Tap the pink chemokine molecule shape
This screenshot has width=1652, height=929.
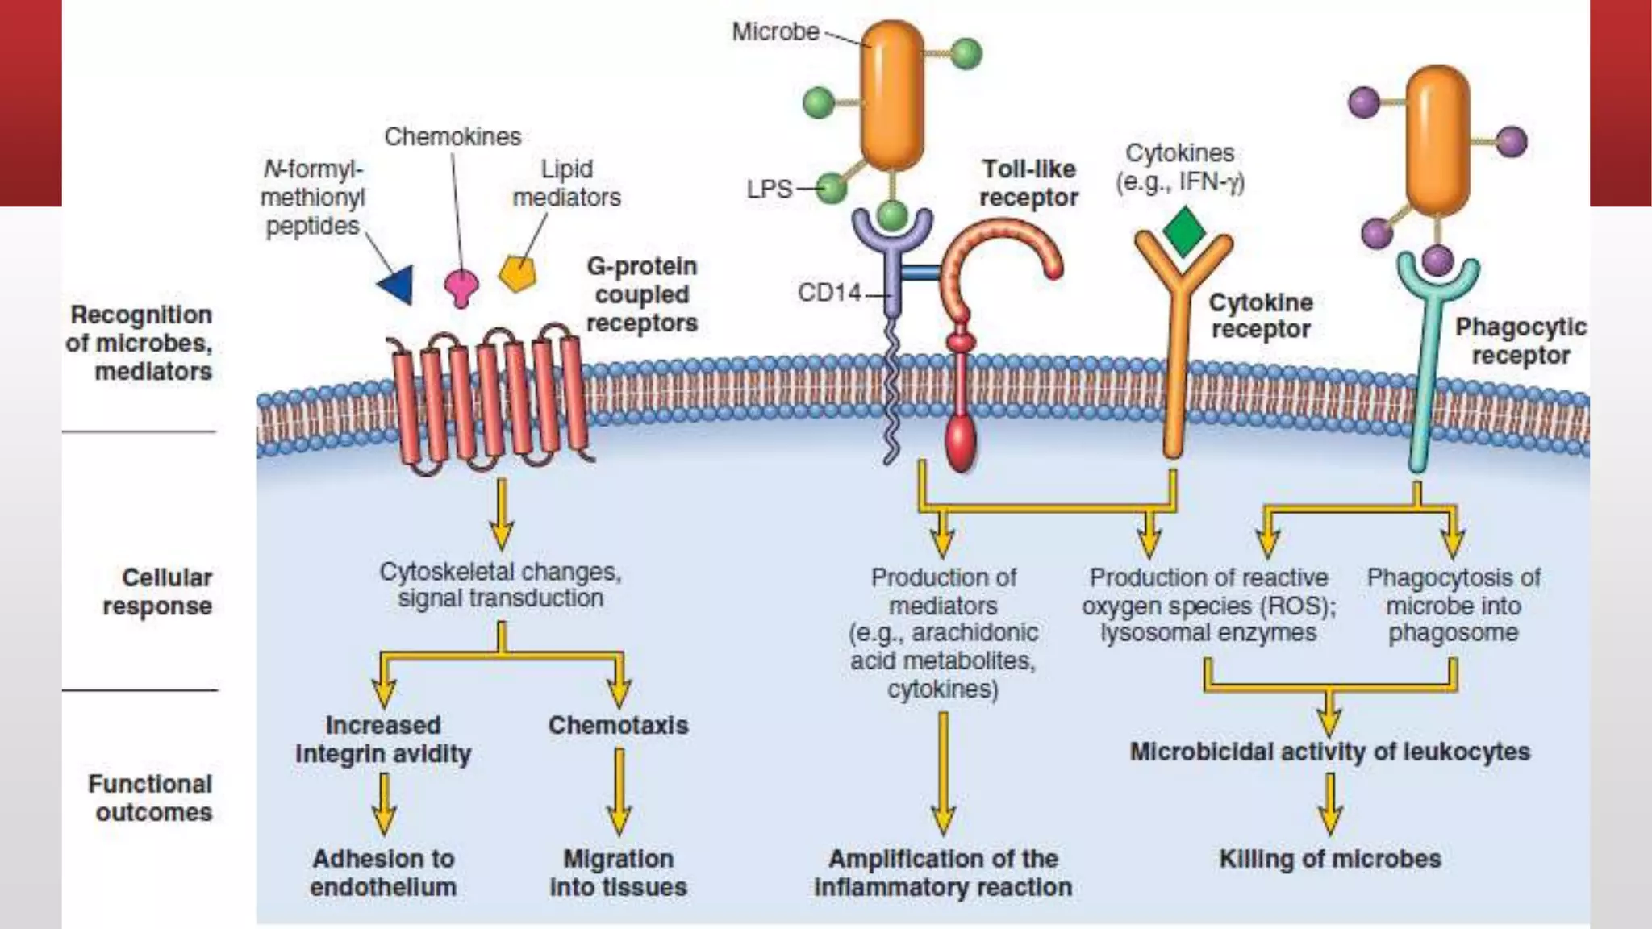[x=461, y=286]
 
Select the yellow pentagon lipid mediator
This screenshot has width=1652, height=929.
[x=517, y=273]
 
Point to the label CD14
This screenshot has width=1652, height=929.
[x=829, y=292]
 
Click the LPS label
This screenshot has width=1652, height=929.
[x=769, y=189]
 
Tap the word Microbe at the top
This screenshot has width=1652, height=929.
[x=775, y=31]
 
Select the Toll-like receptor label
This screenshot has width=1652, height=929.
[x=1028, y=183]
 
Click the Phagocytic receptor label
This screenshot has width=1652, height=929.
[x=1520, y=340]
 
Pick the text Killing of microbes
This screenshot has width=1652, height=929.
[x=1329, y=859]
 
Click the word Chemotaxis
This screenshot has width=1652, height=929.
[x=618, y=725]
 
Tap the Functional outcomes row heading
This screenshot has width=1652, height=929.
[x=151, y=798]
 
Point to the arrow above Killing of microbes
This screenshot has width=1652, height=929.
[x=1329, y=804]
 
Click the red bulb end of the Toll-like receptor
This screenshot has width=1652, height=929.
[x=960, y=444]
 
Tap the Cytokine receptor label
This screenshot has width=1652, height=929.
[x=1260, y=315]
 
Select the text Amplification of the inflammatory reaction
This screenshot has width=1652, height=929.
[x=943, y=873]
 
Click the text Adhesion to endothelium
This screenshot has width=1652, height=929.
[x=383, y=873]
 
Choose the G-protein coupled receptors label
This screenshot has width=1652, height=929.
[x=641, y=294]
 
